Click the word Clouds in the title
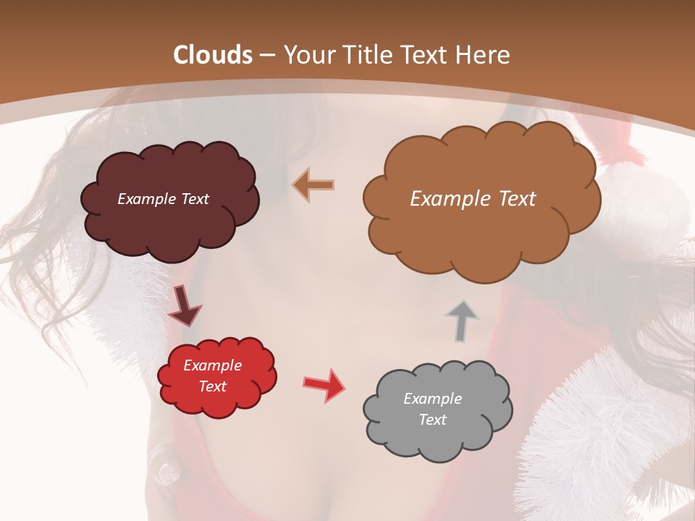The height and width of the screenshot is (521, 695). click(x=213, y=55)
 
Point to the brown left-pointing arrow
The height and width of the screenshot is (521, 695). click(x=313, y=185)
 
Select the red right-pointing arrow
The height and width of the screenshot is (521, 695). click(x=324, y=384)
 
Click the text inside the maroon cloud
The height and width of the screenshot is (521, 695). click(x=163, y=199)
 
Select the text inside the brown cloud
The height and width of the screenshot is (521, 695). click(x=473, y=199)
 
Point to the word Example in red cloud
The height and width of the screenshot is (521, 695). click(x=212, y=365)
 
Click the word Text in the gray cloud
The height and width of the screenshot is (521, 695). click(x=432, y=420)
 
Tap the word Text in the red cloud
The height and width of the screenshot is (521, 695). click(x=212, y=386)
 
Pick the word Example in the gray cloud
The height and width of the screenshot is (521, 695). click(x=432, y=399)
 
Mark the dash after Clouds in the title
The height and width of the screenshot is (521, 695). click(x=266, y=55)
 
